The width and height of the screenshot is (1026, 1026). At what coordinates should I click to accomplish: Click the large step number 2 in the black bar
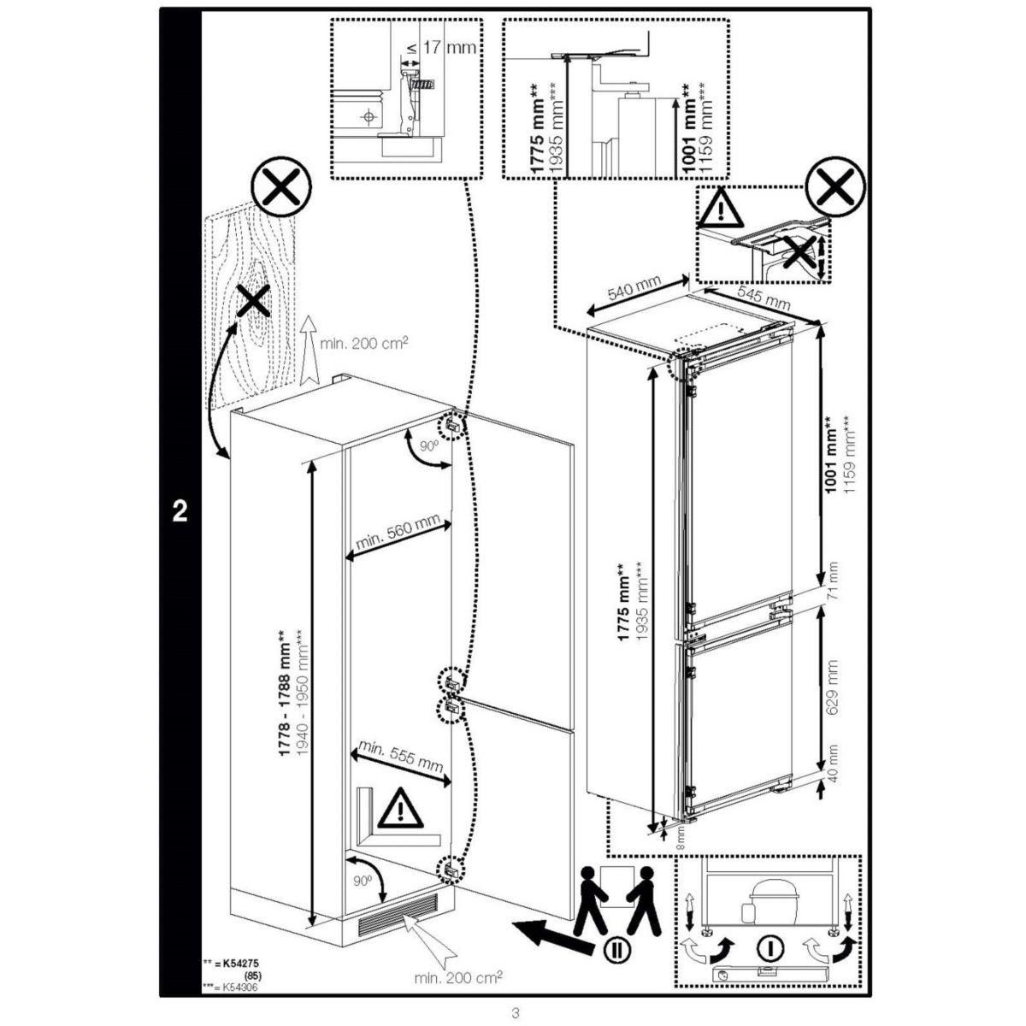pos(180,510)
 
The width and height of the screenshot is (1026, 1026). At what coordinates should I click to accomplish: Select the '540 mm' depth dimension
pos(634,293)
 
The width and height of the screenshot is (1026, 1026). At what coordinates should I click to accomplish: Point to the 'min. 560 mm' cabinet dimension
pos(398,534)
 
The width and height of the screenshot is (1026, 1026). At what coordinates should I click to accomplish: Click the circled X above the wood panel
pos(280,194)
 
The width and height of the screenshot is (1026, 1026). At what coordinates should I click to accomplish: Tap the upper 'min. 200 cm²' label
pos(363,343)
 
